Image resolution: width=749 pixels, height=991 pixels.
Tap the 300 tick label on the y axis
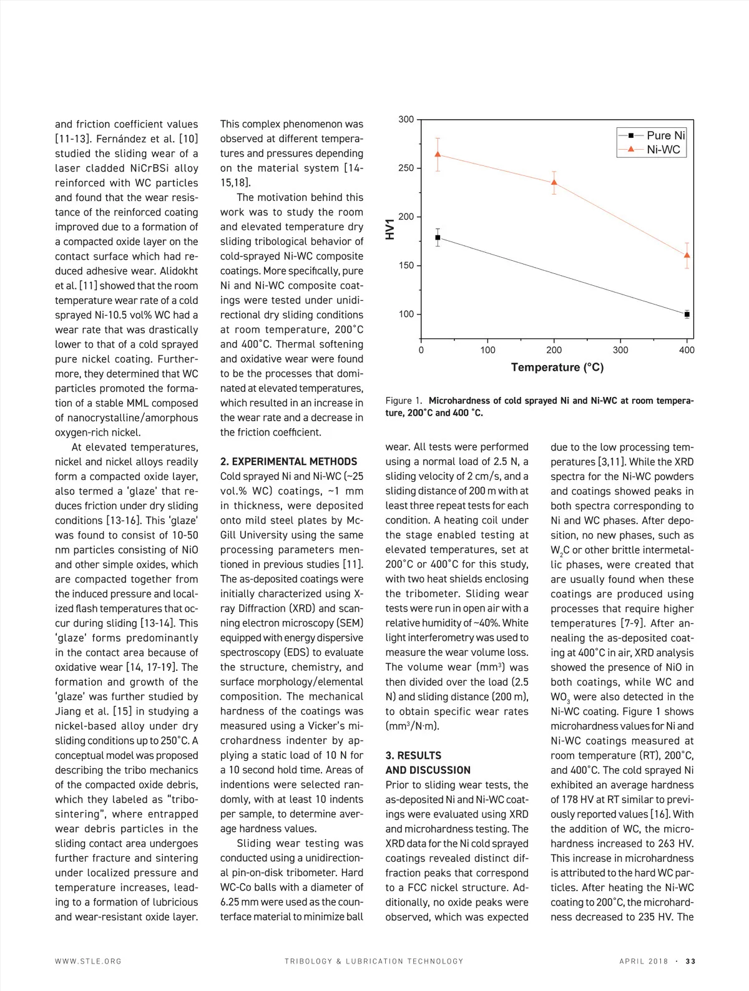coord(406,119)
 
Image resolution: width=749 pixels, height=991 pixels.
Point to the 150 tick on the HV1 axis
coord(406,266)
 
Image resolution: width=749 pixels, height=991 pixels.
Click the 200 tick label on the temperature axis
coord(554,350)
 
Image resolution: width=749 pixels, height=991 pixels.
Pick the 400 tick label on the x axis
coord(687,350)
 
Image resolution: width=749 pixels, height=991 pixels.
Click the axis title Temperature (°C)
coord(557,368)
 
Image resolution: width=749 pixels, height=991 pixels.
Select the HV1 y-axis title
coord(391,229)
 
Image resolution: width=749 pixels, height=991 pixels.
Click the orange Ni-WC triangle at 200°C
coord(554,183)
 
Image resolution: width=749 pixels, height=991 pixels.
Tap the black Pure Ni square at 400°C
coord(687,315)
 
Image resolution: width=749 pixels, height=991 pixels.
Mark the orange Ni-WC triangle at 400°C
coord(687,255)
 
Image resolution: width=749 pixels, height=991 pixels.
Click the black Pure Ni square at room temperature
coord(438,238)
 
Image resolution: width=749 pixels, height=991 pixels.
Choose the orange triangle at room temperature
coord(438,154)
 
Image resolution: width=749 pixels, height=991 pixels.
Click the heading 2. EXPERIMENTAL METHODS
coord(288,462)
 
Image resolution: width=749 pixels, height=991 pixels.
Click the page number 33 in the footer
coord(690,962)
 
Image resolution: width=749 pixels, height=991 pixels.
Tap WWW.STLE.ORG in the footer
coord(88,962)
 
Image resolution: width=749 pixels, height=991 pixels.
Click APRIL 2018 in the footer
coord(644,962)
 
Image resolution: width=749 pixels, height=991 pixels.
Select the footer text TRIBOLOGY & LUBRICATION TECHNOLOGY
coord(374,962)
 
